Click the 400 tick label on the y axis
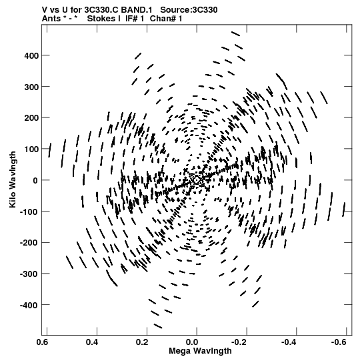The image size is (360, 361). pyautogui.click(x=31, y=55)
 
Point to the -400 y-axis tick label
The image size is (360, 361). pyautogui.click(x=29, y=306)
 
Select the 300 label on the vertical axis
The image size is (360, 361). pyautogui.click(x=31, y=87)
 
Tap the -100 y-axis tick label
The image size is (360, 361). pyautogui.click(x=29, y=212)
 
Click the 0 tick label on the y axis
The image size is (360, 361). pyautogui.click(x=35, y=180)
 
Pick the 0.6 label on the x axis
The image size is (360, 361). pyautogui.click(x=42, y=342)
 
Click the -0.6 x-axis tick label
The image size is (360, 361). pyautogui.click(x=339, y=342)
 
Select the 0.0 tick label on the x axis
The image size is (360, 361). pyautogui.click(x=192, y=342)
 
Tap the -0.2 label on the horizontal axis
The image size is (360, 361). pyautogui.click(x=239, y=342)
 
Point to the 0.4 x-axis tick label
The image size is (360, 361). pyautogui.click(x=92, y=342)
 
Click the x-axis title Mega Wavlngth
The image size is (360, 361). pyautogui.click(x=200, y=351)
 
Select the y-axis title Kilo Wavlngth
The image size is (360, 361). pyautogui.click(x=13, y=179)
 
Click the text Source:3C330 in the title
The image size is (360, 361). pyautogui.click(x=189, y=10)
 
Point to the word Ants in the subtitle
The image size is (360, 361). pyautogui.click(x=51, y=19)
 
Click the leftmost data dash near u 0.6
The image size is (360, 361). pyautogui.click(x=50, y=150)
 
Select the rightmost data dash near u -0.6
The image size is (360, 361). pyautogui.click(x=344, y=210)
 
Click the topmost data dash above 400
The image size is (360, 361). pyautogui.click(x=235, y=34)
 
